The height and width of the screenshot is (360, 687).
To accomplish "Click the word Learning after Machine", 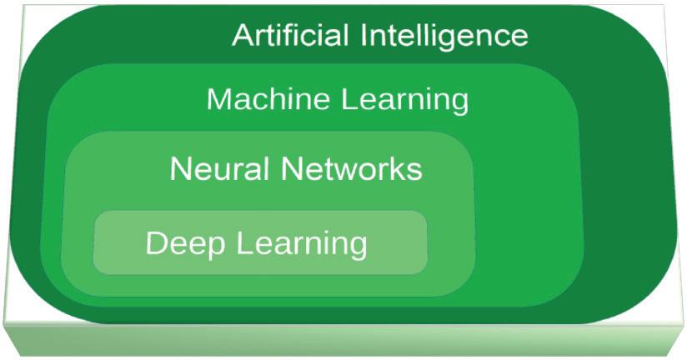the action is click(x=405, y=100).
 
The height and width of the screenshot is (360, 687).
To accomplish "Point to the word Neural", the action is click(x=220, y=169).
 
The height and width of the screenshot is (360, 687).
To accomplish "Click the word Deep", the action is click(x=184, y=244).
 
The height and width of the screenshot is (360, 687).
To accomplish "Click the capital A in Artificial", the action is click(x=243, y=35).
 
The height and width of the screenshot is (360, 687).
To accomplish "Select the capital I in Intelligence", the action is click(x=368, y=35).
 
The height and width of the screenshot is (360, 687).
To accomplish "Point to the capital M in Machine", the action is click(x=218, y=99).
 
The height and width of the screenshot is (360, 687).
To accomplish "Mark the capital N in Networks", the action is click(x=292, y=169).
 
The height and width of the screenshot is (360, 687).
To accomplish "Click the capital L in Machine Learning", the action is click(x=349, y=99).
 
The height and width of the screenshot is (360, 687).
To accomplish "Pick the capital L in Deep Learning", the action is click(x=242, y=244).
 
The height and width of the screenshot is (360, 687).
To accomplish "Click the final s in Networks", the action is click(x=414, y=171).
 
